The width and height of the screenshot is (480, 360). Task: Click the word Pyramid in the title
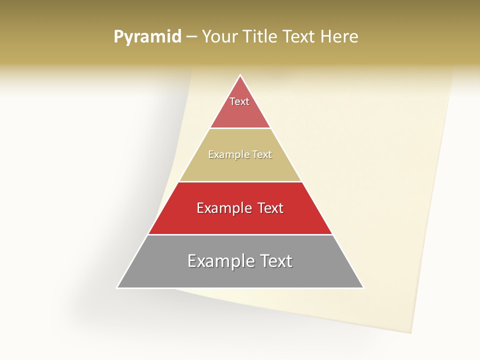(147, 36)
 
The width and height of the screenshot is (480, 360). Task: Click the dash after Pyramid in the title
(191, 37)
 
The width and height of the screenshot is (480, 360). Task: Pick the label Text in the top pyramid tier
(239, 101)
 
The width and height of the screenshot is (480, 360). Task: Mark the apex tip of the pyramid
(240, 75)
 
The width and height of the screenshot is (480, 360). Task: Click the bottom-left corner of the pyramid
(117, 287)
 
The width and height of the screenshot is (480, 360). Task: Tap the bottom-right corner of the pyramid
(363, 287)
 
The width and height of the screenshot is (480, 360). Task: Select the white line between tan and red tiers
(240, 181)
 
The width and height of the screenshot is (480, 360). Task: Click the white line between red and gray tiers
(240, 234)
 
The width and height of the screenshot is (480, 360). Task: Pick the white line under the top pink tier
(240, 128)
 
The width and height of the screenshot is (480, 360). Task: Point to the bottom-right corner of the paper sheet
(411, 332)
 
